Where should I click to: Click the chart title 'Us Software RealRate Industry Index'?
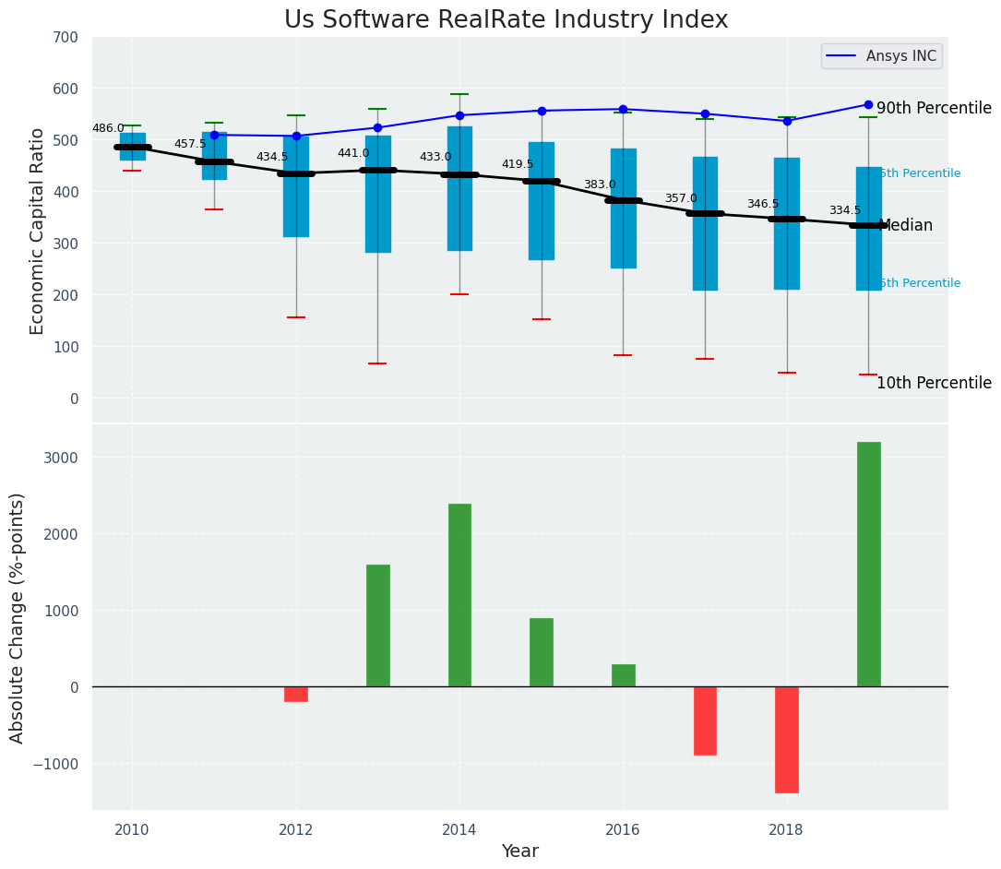(x=506, y=20)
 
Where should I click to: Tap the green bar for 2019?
(x=868, y=564)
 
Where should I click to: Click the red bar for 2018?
(x=787, y=739)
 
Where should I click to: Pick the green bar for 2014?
(x=459, y=595)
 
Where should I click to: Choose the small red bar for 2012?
(x=296, y=694)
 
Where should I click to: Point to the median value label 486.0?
(x=108, y=128)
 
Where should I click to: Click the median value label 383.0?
(x=600, y=185)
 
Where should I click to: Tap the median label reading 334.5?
(x=845, y=211)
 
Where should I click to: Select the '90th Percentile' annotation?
(x=934, y=108)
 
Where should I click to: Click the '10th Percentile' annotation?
(x=934, y=383)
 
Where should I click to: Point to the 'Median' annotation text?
(x=906, y=225)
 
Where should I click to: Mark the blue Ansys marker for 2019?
(x=868, y=104)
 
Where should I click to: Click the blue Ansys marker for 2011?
(x=214, y=135)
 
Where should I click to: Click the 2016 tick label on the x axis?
(x=623, y=829)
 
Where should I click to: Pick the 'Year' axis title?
(x=520, y=851)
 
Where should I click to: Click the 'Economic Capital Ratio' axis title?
(x=38, y=231)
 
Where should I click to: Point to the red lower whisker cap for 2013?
(x=377, y=363)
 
